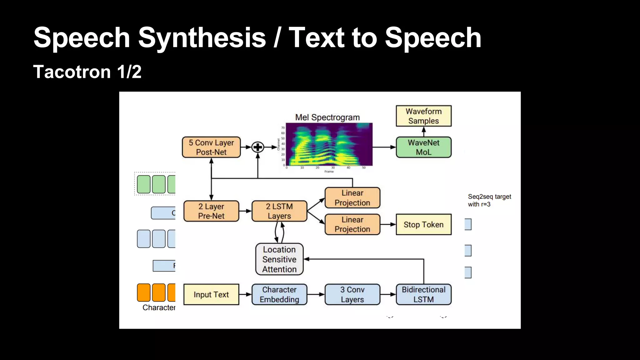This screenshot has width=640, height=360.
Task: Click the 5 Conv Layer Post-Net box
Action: [x=211, y=147]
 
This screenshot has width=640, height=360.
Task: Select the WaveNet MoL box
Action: [x=423, y=147]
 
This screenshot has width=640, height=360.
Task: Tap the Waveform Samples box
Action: [x=423, y=116]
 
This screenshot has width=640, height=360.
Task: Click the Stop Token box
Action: [x=423, y=224]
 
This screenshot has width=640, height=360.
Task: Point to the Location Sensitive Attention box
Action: [x=279, y=259]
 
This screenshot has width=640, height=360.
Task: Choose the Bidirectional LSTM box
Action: [x=423, y=294]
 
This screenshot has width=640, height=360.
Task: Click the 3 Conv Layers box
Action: [x=352, y=294]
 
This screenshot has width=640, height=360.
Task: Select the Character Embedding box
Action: [x=279, y=294]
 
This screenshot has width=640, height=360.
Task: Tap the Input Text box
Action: [x=211, y=294]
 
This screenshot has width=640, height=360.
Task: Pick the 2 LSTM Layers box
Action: [x=279, y=211]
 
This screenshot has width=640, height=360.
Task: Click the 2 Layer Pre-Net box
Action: [x=211, y=211]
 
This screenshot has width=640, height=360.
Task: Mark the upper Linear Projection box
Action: [x=352, y=198]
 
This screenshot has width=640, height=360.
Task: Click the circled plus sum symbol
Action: [x=258, y=147]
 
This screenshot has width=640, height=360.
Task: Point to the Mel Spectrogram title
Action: [x=327, y=117]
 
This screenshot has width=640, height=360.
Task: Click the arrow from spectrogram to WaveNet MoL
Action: [x=384, y=147]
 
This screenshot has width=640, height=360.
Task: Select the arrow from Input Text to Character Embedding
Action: [x=245, y=294]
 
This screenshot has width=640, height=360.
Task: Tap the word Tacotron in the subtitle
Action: [x=72, y=72]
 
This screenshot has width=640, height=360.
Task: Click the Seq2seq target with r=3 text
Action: [x=489, y=200]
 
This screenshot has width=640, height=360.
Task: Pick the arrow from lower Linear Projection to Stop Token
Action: [x=388, y=224]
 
